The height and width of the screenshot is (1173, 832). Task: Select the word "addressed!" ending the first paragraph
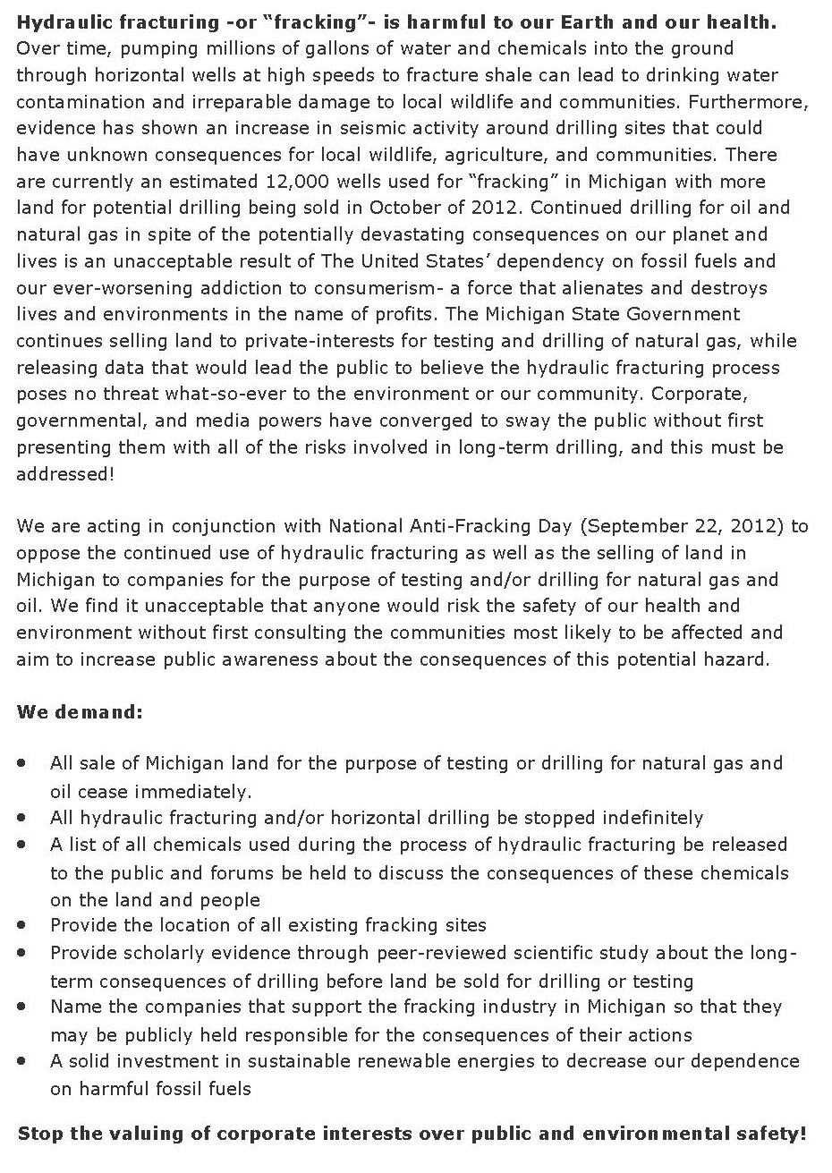(65, 473)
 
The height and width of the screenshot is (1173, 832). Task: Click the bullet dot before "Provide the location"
(21, 925)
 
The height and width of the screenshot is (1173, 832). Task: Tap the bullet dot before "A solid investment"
(21, 1061)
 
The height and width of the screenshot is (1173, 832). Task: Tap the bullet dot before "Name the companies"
(21, 1007)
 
